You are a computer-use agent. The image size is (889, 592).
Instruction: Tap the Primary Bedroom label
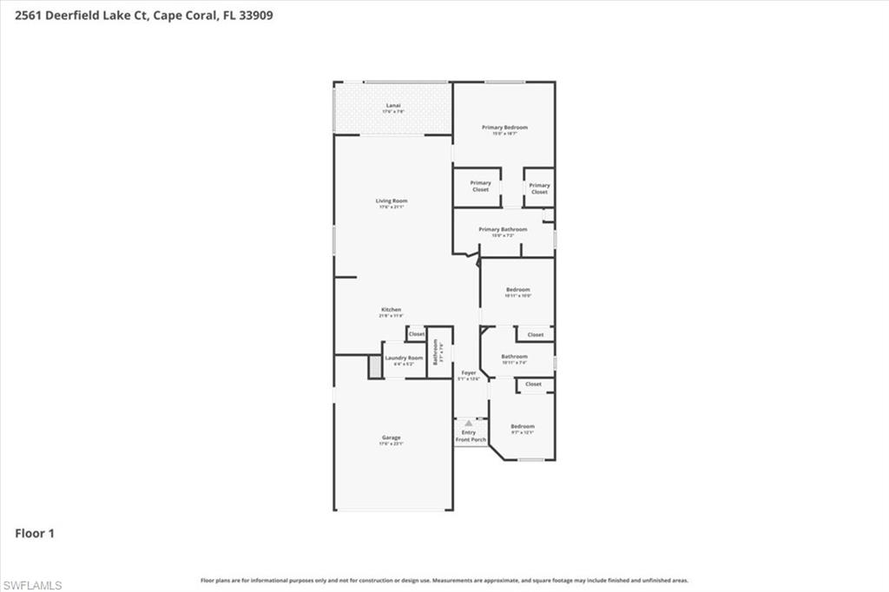pos(504,128)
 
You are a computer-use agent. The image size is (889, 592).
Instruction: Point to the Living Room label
pos(392,201)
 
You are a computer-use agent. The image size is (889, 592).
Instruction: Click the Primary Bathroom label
pos(503,230)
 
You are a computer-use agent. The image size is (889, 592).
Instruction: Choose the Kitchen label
pos(391,310)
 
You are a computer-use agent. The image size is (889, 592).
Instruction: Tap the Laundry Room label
pos(404,358)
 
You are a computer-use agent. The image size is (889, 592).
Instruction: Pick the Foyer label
pos(469,372)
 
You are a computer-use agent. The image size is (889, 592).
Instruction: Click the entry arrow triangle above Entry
pos(469,424)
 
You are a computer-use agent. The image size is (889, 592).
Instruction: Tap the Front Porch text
pos(471,440)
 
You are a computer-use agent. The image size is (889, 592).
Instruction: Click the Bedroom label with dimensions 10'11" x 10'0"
pos(517,290)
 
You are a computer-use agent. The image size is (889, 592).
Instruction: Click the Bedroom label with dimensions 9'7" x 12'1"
pos(522,426)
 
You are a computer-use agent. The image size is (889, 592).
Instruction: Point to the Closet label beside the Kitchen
pos(417,334)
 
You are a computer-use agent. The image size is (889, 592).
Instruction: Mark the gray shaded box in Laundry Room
pos(374,367)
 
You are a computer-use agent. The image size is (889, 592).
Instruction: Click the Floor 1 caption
pos(35,533)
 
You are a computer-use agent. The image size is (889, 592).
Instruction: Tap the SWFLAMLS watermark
pos(32,585)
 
